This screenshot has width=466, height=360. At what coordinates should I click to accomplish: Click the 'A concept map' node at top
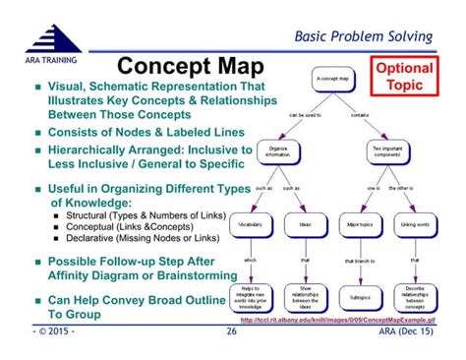coord(334,77)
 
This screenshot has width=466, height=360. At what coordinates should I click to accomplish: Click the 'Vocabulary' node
coord(251,225)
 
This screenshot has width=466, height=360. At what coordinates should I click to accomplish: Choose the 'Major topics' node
coord(361,225)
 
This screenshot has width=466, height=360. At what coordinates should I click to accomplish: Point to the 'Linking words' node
coord(414,225)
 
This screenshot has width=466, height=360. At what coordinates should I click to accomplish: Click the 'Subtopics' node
coord(361,295)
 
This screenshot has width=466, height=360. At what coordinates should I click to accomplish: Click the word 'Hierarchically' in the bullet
coord(89,148)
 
